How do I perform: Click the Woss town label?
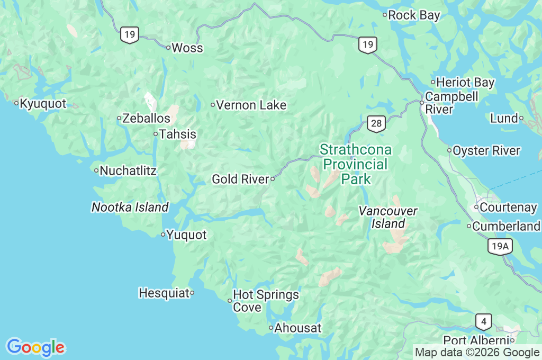click(187, 48)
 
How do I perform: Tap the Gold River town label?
click(241, 179)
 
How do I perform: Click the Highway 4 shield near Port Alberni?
click(483, 321)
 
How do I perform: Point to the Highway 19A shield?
click(500, 246)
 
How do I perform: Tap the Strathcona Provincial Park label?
click(356, 164)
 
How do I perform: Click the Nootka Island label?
click(130, 208)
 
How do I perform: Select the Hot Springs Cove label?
click(266, 301)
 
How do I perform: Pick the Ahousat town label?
click(297, 328)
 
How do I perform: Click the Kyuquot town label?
click(43, 104)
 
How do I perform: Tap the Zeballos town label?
click(146, 119)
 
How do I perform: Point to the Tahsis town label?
click(178, 134)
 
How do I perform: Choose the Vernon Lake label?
click(251, 105)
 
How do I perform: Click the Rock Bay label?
click(414, 15)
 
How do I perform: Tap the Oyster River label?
click(486, 151)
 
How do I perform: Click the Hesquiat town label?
click(164, 293)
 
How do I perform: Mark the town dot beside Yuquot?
click(163, 235)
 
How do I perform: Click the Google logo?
click(35, 347)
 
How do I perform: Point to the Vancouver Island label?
click(388, 218)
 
